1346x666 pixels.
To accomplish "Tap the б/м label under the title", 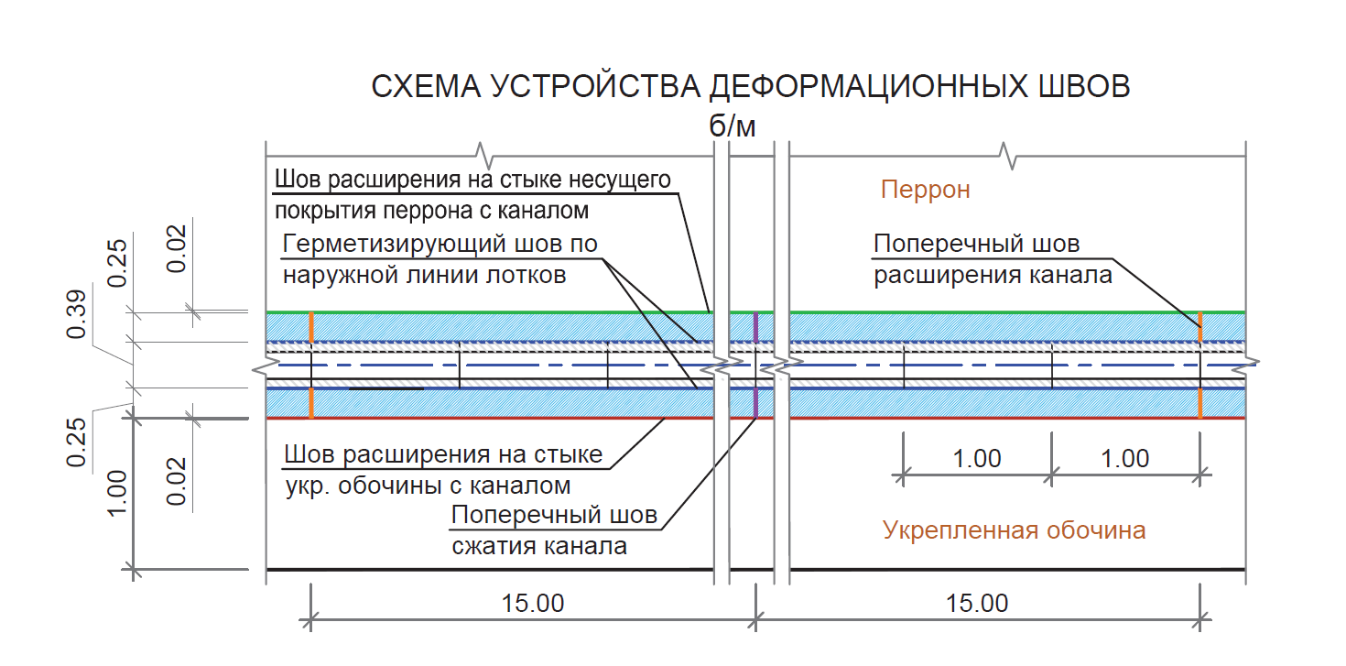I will click(x=733, y=126).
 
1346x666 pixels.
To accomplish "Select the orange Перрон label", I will click(x=925, y=191).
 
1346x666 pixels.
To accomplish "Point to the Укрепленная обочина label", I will click(x=1014, y=530).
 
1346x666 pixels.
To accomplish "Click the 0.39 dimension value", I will click(x=78, y=314).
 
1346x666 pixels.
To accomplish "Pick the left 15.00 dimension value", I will click(x=533, y=604).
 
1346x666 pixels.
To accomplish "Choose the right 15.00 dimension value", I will click(x=977, y=604).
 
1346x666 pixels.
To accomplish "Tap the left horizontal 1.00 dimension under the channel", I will click(x=977, y=458).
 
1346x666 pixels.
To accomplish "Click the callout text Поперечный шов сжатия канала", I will click(x=553, y=531).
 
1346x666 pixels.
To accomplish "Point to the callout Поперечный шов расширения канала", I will click(x=992, y=260).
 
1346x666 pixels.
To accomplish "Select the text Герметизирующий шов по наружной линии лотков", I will click(x=440, y=260).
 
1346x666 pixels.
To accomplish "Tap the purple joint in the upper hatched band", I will click(x=755, y=326).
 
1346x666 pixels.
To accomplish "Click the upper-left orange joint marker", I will click(x=311, y=326).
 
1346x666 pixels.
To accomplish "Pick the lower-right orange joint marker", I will click(x=1199, y=403).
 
